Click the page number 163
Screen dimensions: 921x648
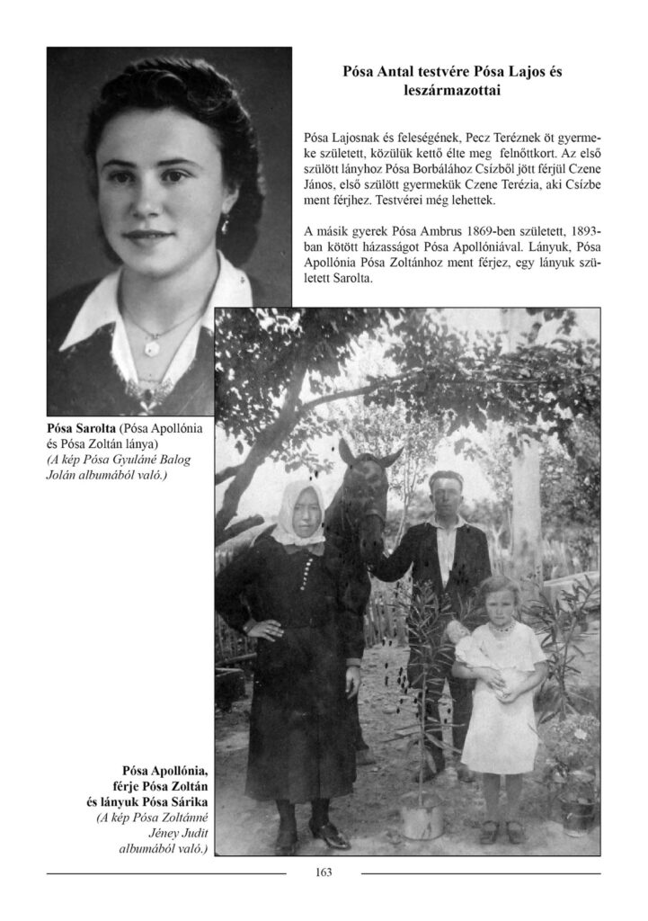pyautogui.click(x=324, y=872)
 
